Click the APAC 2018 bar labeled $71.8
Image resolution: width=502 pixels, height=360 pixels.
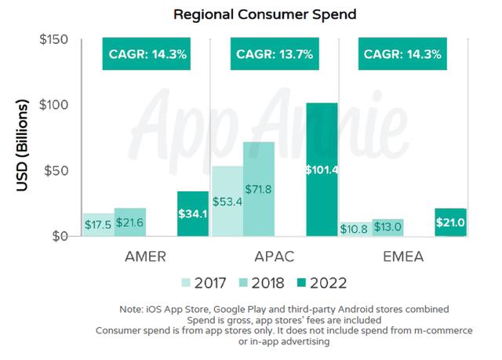click(x=258, y=189)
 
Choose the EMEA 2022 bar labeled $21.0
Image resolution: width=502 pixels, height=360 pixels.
click(x=451, y=222)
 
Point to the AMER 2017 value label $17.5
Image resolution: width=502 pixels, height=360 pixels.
click(x=98, y=224)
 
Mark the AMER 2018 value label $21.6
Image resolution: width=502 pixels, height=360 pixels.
click(x=130, y=223)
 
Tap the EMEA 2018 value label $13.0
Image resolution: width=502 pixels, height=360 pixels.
click(x=387, y=227)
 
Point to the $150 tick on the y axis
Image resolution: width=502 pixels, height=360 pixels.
click(x=53, y=40)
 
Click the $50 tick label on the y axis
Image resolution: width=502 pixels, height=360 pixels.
click(x=56, y=171)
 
